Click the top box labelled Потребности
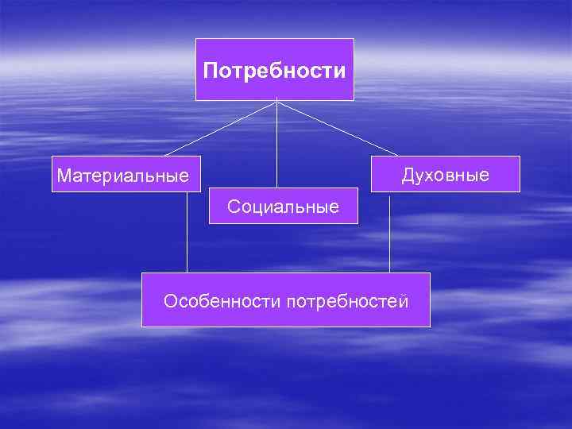[275, 69]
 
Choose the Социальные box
[283, 206]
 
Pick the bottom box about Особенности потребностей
[285, 300]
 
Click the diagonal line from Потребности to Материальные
[220, 126]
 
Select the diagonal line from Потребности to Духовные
[337, 126]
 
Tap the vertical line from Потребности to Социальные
[276, 143]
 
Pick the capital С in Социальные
[233, 207]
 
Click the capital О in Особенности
[170, 301]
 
